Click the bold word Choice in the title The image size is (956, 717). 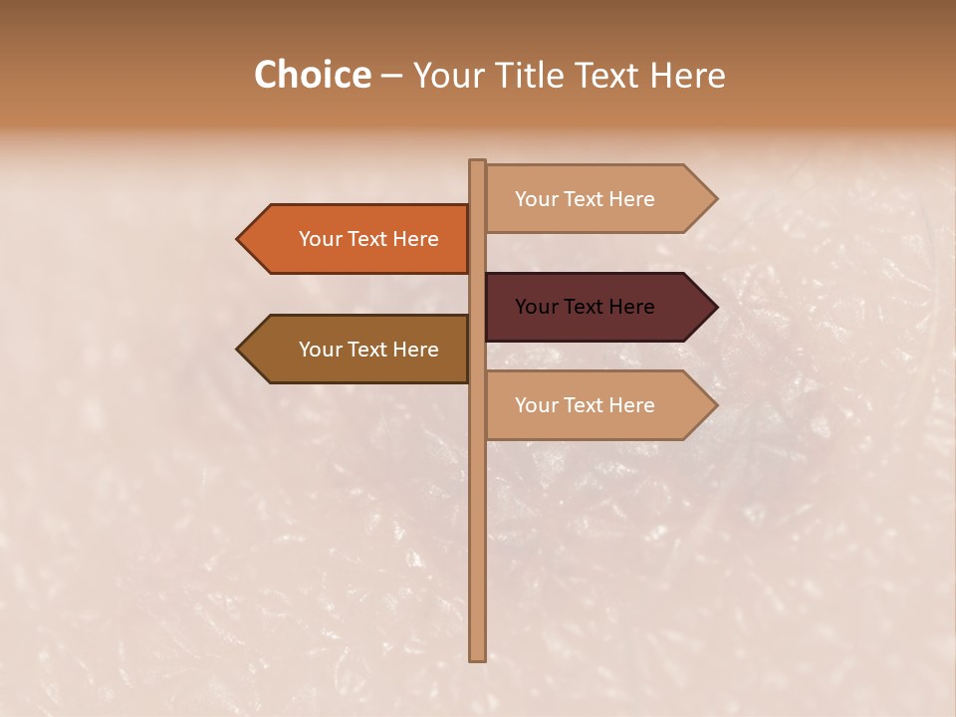coord(312,75)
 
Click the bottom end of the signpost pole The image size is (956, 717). coord(477,657)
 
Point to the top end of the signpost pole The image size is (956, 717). coord(477,162)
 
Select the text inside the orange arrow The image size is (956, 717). coord(368,239)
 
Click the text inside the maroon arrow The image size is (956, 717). coord(585,307)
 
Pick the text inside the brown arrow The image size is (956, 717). coord(368,350)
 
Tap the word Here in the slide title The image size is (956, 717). coord(687,75)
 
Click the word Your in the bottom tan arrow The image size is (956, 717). coord(536,405)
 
